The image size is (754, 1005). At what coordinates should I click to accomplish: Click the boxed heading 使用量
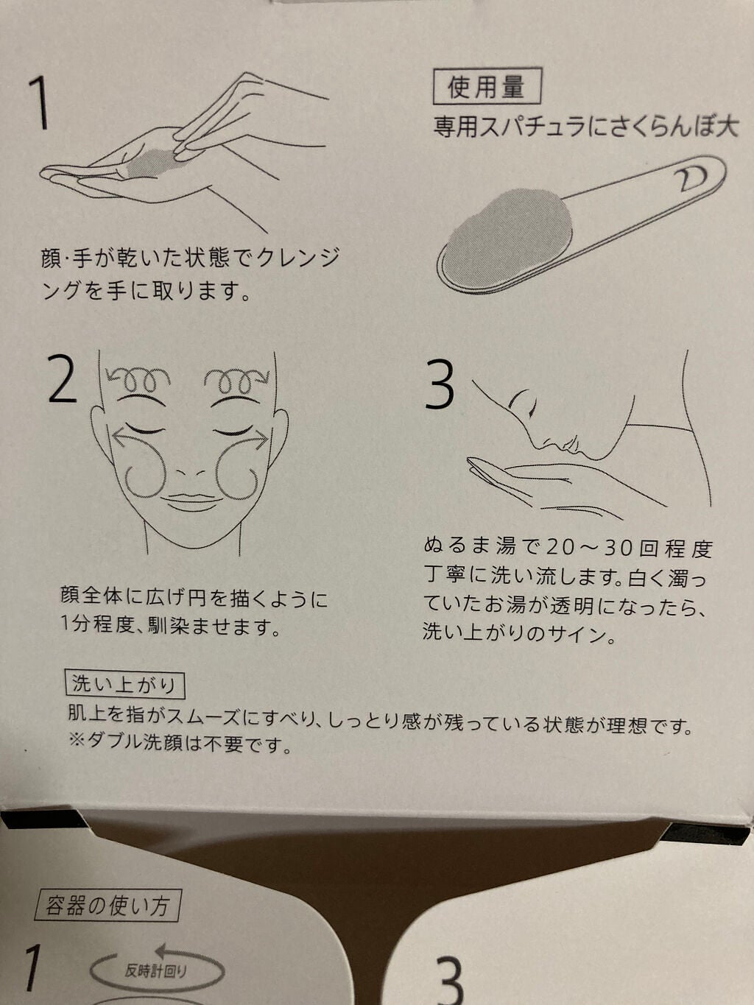tap(487, 86)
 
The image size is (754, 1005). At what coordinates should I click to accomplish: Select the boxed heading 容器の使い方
tap(107, 906)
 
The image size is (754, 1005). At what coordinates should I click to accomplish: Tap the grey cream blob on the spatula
tap(508, 233)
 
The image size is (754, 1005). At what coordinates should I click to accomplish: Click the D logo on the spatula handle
tap(692, 177)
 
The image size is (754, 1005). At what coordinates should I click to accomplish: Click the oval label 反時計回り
tap(156, 972)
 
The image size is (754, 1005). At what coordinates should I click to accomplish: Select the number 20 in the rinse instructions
tap(560, 547)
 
